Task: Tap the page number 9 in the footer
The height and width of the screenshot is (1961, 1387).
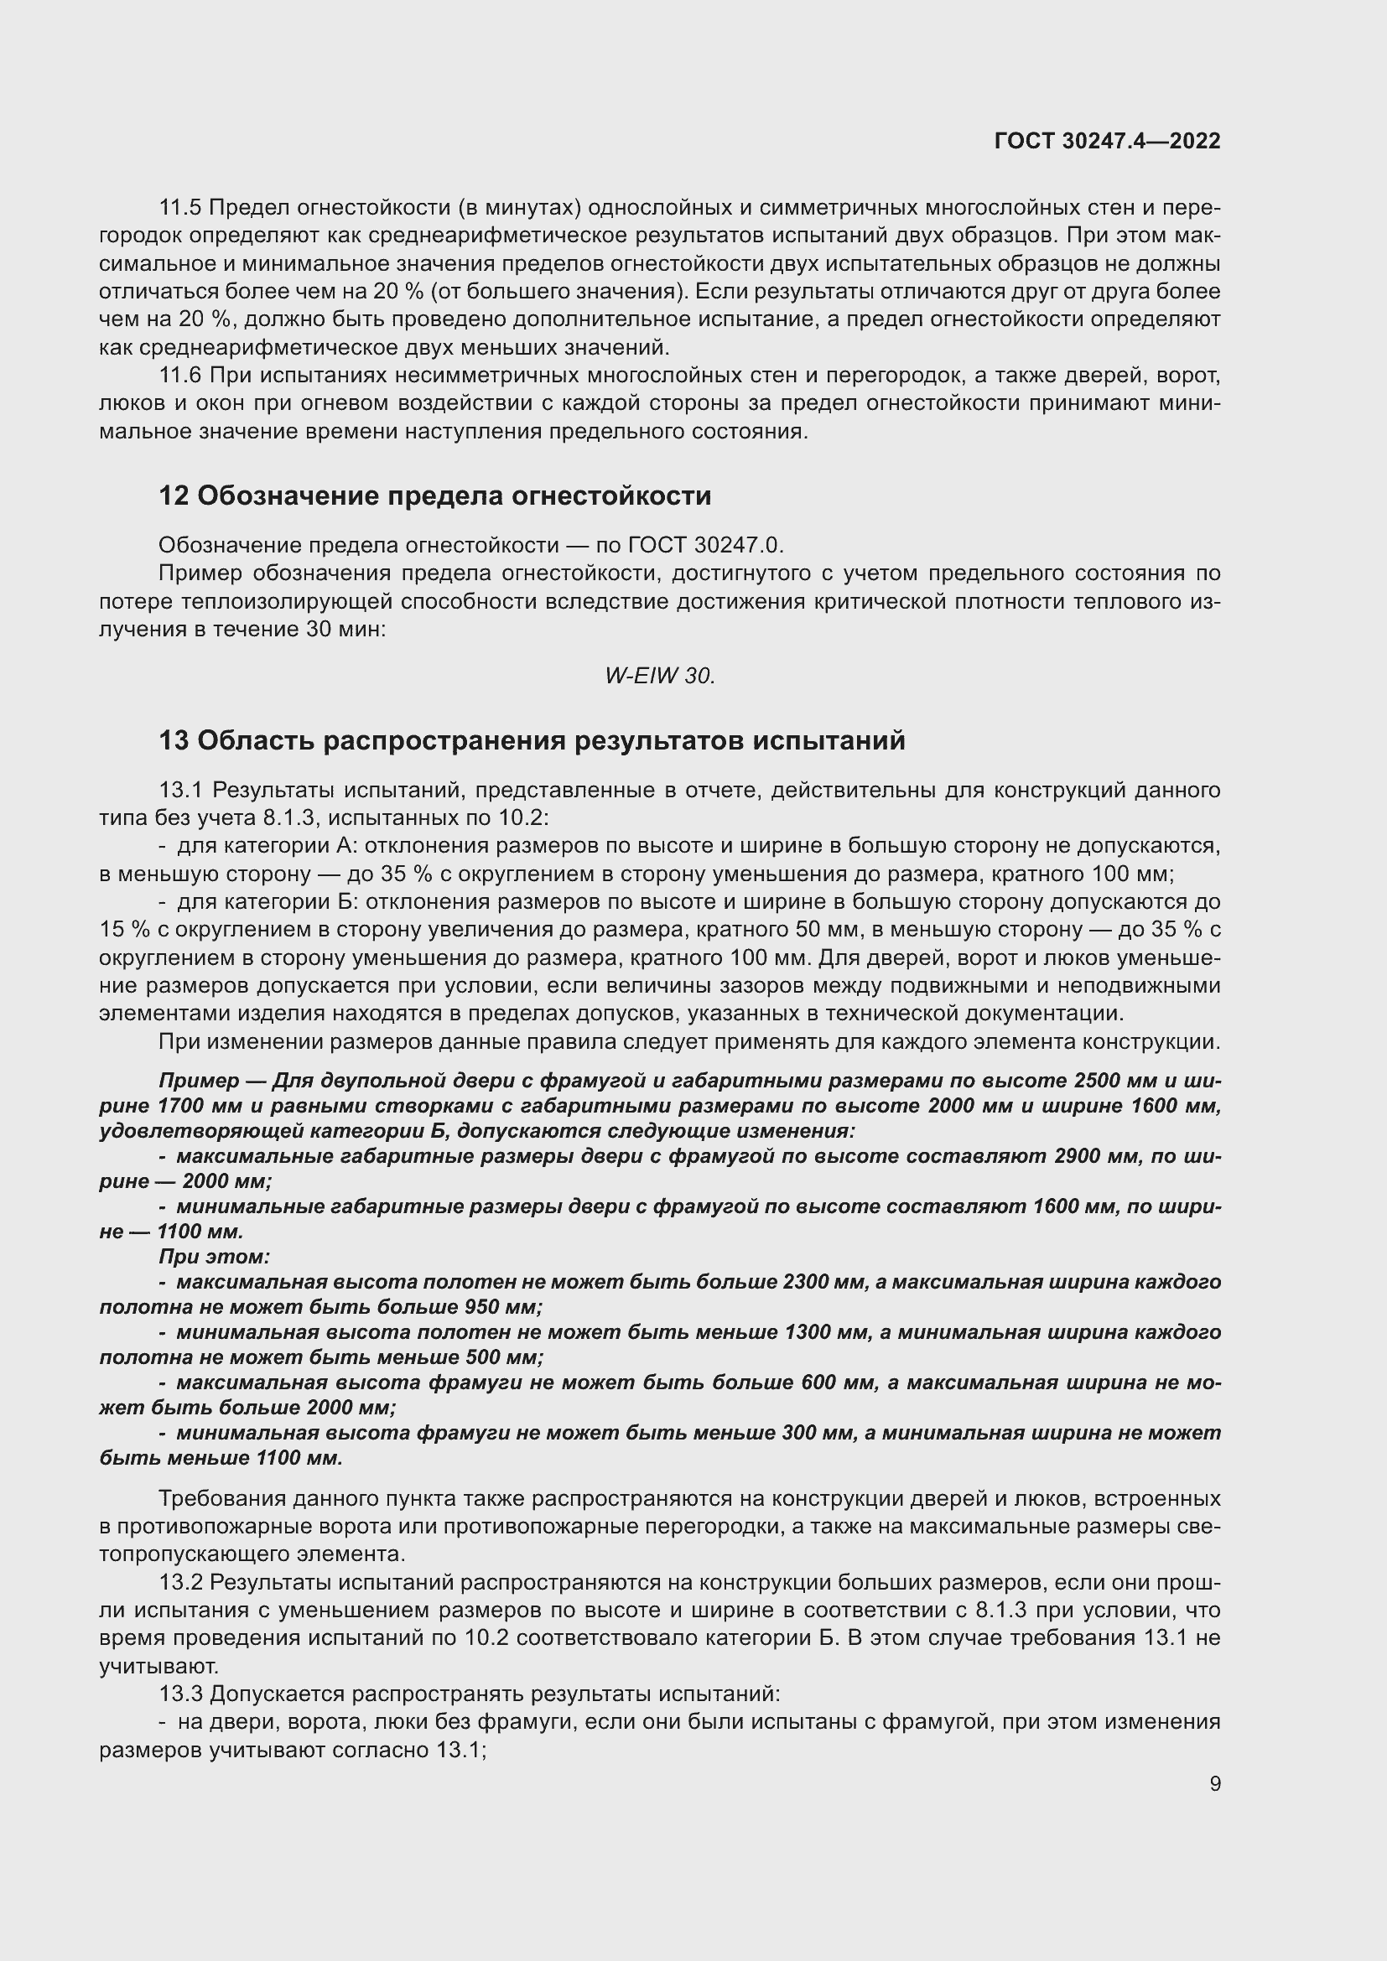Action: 1214,1783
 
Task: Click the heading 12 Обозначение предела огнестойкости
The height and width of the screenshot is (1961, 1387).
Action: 434,496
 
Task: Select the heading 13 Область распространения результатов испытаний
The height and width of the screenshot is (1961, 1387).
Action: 531,740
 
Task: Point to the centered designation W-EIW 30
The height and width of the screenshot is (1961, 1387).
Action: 659,677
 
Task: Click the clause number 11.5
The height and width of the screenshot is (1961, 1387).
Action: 180,208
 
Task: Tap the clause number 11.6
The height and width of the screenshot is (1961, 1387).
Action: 180,376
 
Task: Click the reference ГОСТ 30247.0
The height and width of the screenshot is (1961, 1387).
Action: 704,545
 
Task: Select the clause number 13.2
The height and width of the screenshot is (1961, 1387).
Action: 180,1583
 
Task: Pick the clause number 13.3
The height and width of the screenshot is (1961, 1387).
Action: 180,1694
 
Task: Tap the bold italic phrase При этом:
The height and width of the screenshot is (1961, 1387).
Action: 215,1257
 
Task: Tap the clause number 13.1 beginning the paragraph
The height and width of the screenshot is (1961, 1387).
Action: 180,791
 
